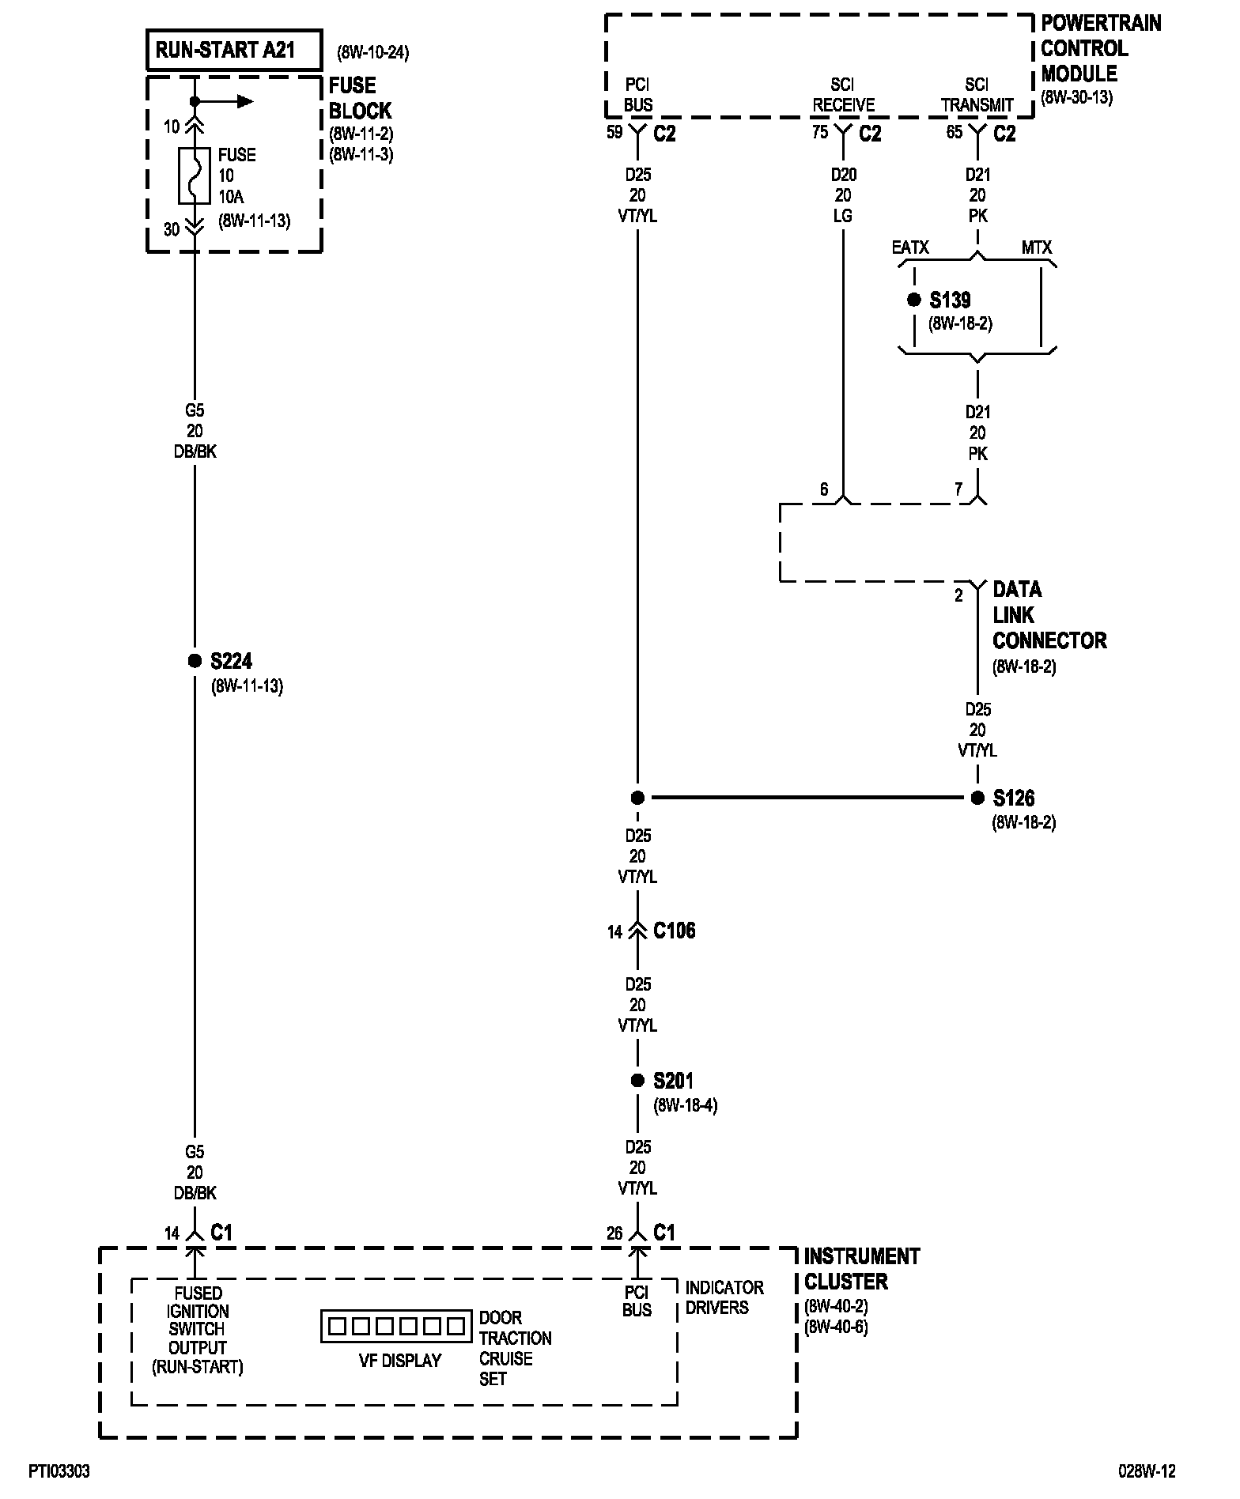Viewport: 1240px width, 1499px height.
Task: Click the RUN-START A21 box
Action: tap(234, 51)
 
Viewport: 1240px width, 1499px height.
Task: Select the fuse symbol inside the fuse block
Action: tap(195, 175)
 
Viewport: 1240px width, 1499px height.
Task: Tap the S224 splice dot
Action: tap(195, 661)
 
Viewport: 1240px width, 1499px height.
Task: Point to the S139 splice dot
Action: tap(914, 300)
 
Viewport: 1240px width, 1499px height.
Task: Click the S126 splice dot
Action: tap(978, 798)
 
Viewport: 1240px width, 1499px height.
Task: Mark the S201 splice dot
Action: tap(637, 1081)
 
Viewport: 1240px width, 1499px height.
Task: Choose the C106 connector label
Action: tap(674, 931)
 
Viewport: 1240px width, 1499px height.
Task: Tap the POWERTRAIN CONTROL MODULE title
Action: tap(1100, 48)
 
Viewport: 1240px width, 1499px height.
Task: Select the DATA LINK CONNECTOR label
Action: tap(1049, 615)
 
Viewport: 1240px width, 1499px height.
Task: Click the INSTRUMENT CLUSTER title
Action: tap(861, 1269)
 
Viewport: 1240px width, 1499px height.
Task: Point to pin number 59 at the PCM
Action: tap(614, 132)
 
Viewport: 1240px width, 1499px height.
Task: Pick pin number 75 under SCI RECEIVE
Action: tap(820, 132)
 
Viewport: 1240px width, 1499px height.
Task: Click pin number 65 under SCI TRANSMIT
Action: tap(955, 132)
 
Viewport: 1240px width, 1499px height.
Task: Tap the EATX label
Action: tap(910, 247)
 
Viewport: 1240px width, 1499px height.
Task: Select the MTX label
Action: tap(1036, 247)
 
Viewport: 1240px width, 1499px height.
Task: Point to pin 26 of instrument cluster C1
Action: tap(614, 1233)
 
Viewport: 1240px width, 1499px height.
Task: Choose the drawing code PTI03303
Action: tap(59, 1471)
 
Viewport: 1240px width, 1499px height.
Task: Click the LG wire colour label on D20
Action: tap(843, 216)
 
